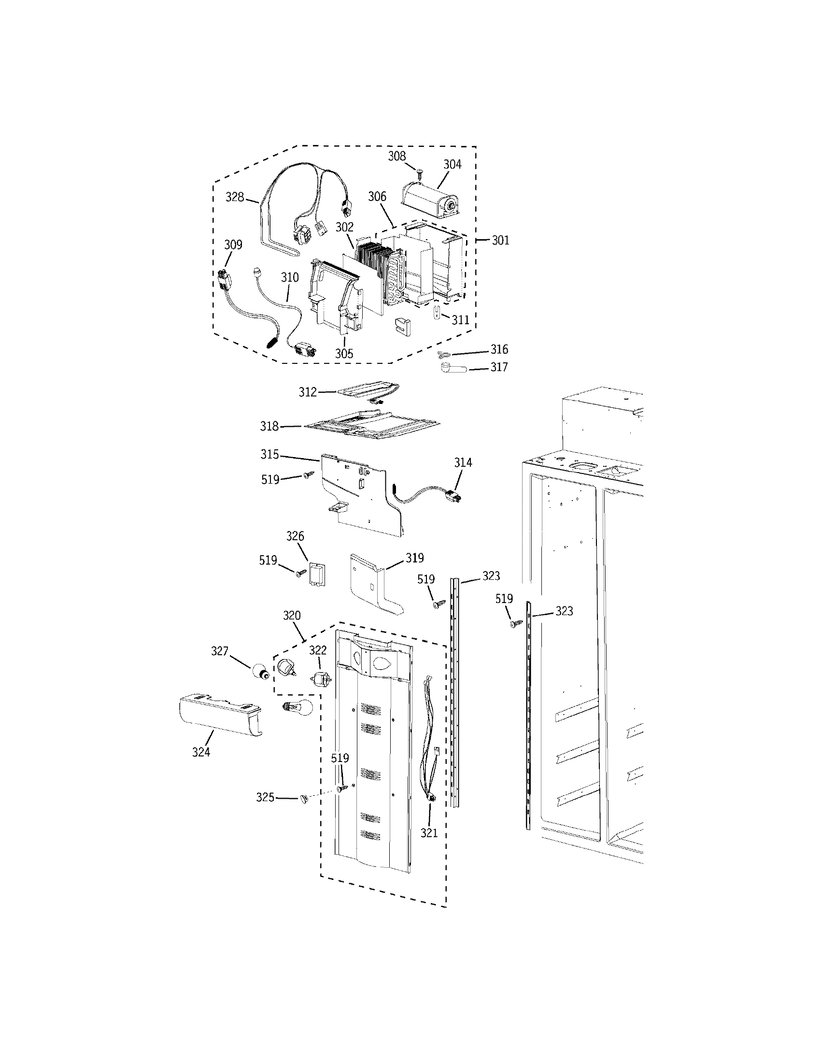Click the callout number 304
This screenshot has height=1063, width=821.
click(452, 164)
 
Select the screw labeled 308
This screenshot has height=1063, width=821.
click(421, 172)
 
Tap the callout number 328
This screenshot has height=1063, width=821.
click(234, 197)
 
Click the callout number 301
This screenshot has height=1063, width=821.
click(500, 240)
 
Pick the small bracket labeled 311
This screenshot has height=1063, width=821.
click(437, 312)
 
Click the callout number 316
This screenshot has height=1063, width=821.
click(499, 349)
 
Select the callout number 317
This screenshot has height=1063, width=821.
click(499, 367)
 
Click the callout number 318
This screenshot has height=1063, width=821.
click(269, 426)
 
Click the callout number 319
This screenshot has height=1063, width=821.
click(415, 558)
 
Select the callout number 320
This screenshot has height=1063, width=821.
click(292, 616)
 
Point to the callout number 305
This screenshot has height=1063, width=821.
click(344, 354)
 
